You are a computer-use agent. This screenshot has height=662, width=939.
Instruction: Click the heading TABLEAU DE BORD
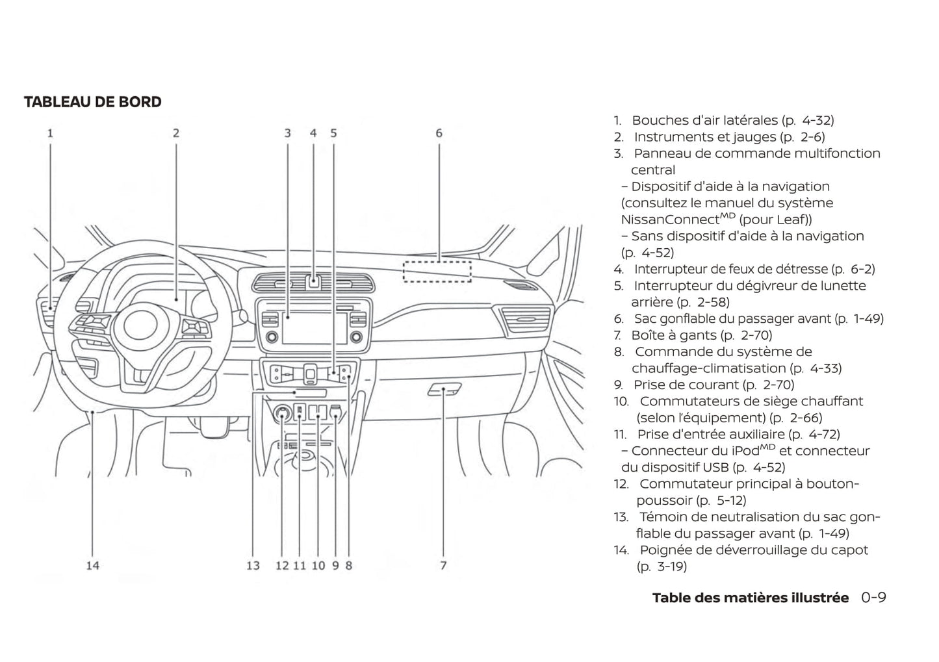click(x=93, y=102)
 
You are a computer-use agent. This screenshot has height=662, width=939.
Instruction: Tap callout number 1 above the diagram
click(x=50, y=133)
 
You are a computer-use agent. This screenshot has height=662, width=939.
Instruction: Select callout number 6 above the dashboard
click(x=439, y=133)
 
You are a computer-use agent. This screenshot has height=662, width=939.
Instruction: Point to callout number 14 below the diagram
click(x=93, y=565)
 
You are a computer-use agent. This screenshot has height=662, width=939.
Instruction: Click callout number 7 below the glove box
click(x=443, y=565)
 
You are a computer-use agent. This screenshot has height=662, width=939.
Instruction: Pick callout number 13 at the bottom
click(x=253, y=565)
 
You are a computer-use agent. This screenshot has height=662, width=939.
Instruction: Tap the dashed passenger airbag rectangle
click(x=437, y=271)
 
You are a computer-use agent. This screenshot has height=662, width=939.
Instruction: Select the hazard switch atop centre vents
click(x=313, y=281)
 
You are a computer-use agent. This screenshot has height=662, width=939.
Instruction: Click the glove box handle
click(x=445, y=389)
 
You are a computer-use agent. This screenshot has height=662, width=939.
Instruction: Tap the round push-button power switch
click(x=283, y=413)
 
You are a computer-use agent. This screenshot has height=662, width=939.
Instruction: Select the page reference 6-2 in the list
click(x=862, y=269)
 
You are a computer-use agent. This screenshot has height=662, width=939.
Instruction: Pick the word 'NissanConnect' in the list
click(x=670, y=220)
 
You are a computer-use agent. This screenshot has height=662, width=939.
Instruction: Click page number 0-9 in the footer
click(x=873, y=598)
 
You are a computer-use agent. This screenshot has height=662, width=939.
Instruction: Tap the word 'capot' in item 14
click(x=849, y=550)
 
